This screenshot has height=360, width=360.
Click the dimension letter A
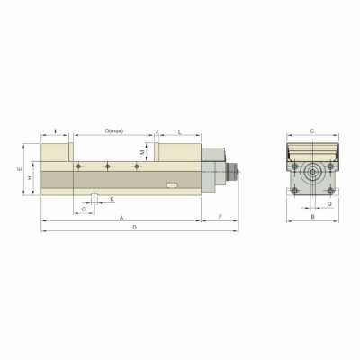pyautogui.click(x=121, y=219)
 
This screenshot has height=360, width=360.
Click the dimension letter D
pyautogui.click(x=133, y=228)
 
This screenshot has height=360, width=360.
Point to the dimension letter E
pyautogui.click(x=20, y=168)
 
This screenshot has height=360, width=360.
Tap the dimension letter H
pyautogui.click(x=30, y=177)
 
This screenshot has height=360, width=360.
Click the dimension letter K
pyautogui.click(x=112, y=198)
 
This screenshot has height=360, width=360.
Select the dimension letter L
pyautogui.click(x=180, y=131)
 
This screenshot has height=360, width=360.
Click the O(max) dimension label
pyautogui.click(x=114, y=131)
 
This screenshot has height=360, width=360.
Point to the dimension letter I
pyautogui.click(x=56, y=131)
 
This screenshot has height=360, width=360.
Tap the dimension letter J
pyautogui.click(x=157, y=131)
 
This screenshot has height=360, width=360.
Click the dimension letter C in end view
pyautogui.click(x=311, y=131)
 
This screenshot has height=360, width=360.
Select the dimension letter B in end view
pyautogui.click(x=311, y=217)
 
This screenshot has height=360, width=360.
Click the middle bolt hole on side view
pyautogui.click(x=108, y=166)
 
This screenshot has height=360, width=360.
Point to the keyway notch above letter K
pyautogui.click(x=94, y=193)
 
